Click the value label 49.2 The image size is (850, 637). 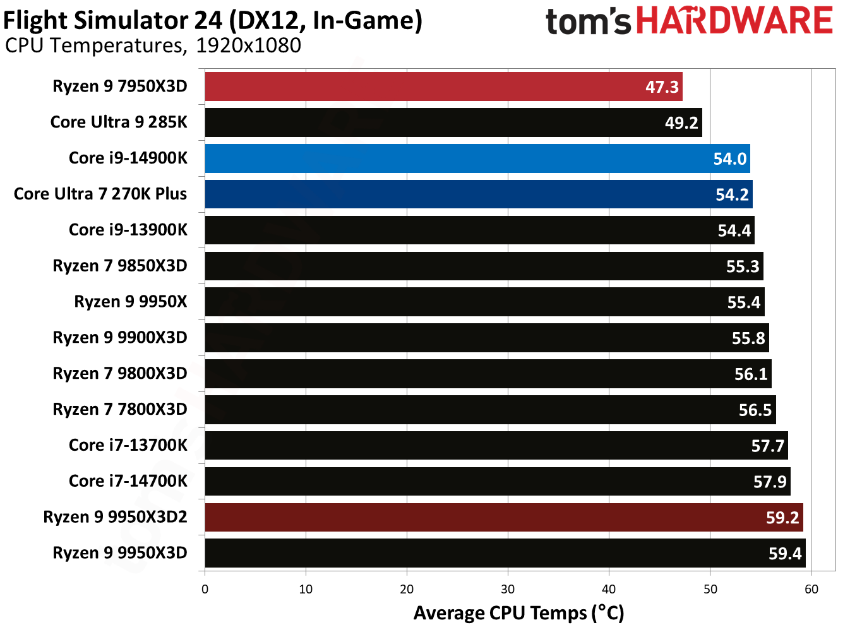681,123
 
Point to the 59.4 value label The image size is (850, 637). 784,554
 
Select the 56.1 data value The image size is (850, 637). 750,374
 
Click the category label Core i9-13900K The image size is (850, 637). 128,230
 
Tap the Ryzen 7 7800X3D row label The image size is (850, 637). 119,410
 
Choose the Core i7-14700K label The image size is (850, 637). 128,481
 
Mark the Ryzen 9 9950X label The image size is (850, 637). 130,302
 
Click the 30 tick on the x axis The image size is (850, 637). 508,589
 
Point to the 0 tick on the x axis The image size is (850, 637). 205,589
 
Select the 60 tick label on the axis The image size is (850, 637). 811,589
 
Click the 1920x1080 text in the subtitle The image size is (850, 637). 248,45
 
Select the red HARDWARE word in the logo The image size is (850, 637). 734,20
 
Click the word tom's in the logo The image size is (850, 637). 588,21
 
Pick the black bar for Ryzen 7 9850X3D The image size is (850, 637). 484,266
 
